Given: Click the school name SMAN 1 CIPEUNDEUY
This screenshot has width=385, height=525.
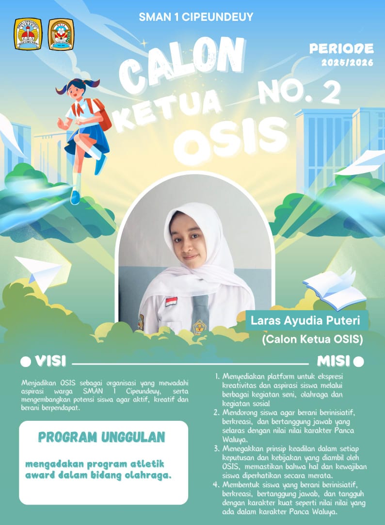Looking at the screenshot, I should (x=195, y=17).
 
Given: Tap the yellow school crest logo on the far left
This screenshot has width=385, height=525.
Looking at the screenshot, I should (x=28, y=34).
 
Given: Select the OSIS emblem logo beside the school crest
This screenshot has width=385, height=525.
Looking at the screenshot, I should (x=61, y=34).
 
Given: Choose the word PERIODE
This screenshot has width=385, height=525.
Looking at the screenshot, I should (x=342, y=48).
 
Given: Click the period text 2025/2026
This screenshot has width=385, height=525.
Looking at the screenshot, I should (x=347, y=63).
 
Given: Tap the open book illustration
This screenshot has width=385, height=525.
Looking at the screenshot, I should (x=335, y=288).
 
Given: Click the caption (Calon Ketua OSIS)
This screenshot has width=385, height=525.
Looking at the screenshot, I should (x=312, y=340).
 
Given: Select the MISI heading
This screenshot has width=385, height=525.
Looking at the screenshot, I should (x=334, y=362).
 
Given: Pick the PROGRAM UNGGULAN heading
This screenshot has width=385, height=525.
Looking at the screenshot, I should (x=101, y=437).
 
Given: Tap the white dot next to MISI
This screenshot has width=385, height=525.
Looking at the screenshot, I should (x=358, y=362).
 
